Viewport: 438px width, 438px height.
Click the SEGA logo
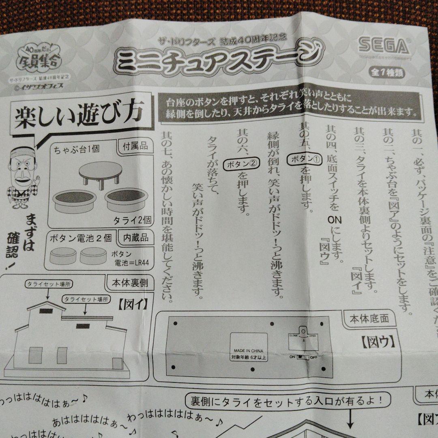[383, 46]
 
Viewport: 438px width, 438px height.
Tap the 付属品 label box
[135, 146]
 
